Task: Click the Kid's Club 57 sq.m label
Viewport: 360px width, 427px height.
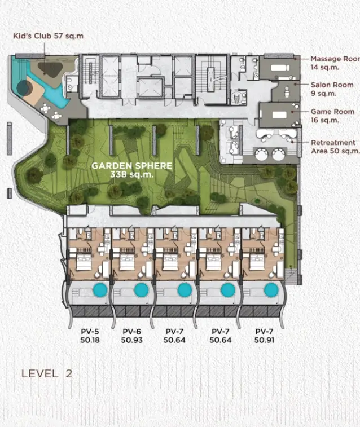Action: click(x=48, y=36)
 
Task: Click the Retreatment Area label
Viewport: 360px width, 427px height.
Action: click(x=335, y=147)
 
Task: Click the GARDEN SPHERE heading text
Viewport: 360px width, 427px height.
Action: click(x=132, y=166)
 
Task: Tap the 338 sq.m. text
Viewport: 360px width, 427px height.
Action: click(x=132, y=174)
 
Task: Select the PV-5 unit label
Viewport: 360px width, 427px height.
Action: click(x=90, y=332)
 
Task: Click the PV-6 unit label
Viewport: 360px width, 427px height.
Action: click(x=132, y=332)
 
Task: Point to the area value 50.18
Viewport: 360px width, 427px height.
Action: click(x=90, y=340)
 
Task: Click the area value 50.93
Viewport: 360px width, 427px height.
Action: click(x=132, y=340)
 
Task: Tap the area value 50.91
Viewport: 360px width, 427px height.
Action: click(x=264, y=340)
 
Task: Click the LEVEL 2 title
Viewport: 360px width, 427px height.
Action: click(x=47, y=373)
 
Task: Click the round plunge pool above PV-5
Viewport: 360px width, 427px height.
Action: click(x=100, y=290)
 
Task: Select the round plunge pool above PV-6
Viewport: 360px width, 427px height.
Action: click(x=141, y=290)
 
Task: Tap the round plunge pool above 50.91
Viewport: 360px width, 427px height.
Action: click(x=271, y=290)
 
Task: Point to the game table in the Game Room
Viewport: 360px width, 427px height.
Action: click(x=279, y=115)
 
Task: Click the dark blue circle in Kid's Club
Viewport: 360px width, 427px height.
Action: click(x=24, y=87)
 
